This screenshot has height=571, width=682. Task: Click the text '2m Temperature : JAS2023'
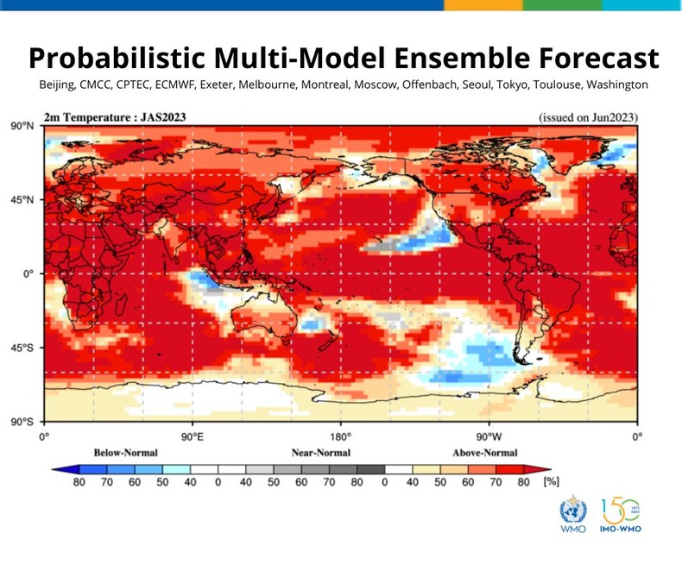point(115,116)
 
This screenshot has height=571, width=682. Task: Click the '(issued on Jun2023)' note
point(588,116)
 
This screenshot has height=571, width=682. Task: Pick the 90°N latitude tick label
point(22,126)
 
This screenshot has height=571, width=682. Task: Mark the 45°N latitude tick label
point(22,200)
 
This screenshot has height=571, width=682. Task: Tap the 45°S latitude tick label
point(22,348)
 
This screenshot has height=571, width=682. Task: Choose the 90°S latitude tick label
point(22,423)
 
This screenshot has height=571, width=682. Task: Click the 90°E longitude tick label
point(192,436)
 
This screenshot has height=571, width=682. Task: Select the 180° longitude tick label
point(340,436)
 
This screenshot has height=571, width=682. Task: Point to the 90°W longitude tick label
point(489,436)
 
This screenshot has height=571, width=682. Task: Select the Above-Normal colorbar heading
point(484,453)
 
